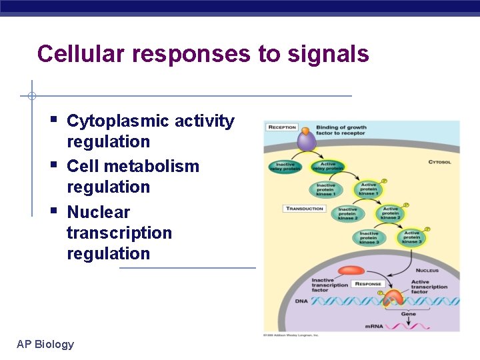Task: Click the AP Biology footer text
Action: tap(45, 344)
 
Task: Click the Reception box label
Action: tap(283, 127)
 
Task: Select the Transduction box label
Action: tap(305, 209)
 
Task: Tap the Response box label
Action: tap(368, 284)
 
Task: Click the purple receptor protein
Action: tap(306, 141)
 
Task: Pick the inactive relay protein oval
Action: tap(285, 167)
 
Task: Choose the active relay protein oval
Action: tap(328, 167)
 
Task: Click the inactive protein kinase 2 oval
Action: tap(347, 213)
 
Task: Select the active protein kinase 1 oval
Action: tap(369, 190)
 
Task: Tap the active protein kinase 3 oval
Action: tap(412, 237)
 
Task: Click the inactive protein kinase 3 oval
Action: tap(368, 237)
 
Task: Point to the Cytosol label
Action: tap(438, 161)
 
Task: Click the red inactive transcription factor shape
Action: tap(351, 271)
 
